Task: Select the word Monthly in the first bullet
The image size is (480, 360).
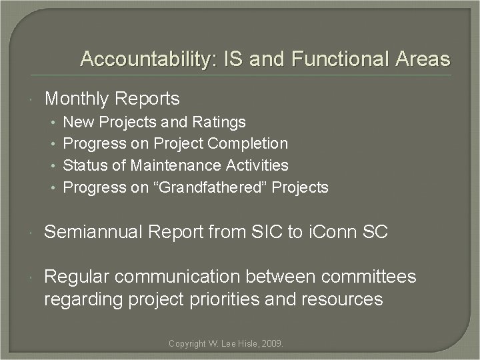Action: click(x=76, y=99)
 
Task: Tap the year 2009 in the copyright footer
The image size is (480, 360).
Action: click(x=272, y=344)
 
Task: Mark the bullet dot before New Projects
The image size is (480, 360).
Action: click(x=53, y=123)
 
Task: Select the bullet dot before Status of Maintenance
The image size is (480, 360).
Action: click(x=53, y=165)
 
